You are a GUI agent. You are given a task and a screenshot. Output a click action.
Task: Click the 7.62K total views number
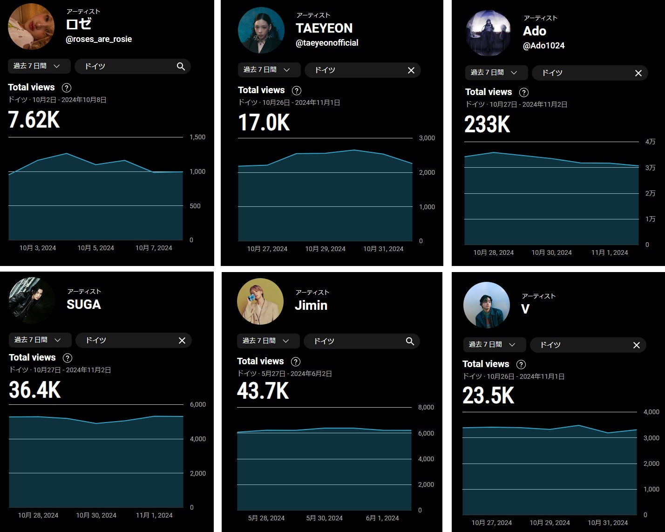(x=34, y=120)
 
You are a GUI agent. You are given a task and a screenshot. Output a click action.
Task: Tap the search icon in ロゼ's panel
(x=181, y=67)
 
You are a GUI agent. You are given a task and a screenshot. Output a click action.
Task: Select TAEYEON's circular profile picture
(x=261, y=30)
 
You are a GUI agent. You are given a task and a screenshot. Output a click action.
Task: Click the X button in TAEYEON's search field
(x=411, y=70)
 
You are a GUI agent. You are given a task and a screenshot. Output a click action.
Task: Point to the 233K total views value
(x=487, y=124)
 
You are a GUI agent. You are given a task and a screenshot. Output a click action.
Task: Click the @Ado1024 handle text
(x=543, y=46)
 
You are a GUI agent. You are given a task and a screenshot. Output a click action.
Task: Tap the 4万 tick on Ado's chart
(x=650, y=142)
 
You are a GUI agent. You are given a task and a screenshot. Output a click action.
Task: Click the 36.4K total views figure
(x=35, y=390)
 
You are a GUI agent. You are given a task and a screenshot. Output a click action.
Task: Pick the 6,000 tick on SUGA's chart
(x=197, y=404)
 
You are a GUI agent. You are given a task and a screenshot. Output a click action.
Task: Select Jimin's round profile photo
(x=260, y=301)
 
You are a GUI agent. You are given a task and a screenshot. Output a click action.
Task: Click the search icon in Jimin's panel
(x=410, y=341)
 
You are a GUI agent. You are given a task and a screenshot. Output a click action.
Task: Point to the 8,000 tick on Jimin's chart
(x=426, y=407)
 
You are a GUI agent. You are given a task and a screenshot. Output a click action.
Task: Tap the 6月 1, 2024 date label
(x=382, y=518)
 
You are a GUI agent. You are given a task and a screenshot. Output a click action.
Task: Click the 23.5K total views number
(x=488, y=396)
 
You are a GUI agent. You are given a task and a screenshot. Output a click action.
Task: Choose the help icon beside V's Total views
(x=521, y=364)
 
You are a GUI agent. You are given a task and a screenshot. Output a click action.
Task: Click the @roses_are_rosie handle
(x=99, y=39)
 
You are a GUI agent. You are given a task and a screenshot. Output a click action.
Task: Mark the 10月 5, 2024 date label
(x=95, y=248)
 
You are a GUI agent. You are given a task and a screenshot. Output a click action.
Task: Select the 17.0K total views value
(x=264, y=123)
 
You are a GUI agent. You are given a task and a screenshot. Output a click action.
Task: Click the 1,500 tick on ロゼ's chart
(x=197, y=137)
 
